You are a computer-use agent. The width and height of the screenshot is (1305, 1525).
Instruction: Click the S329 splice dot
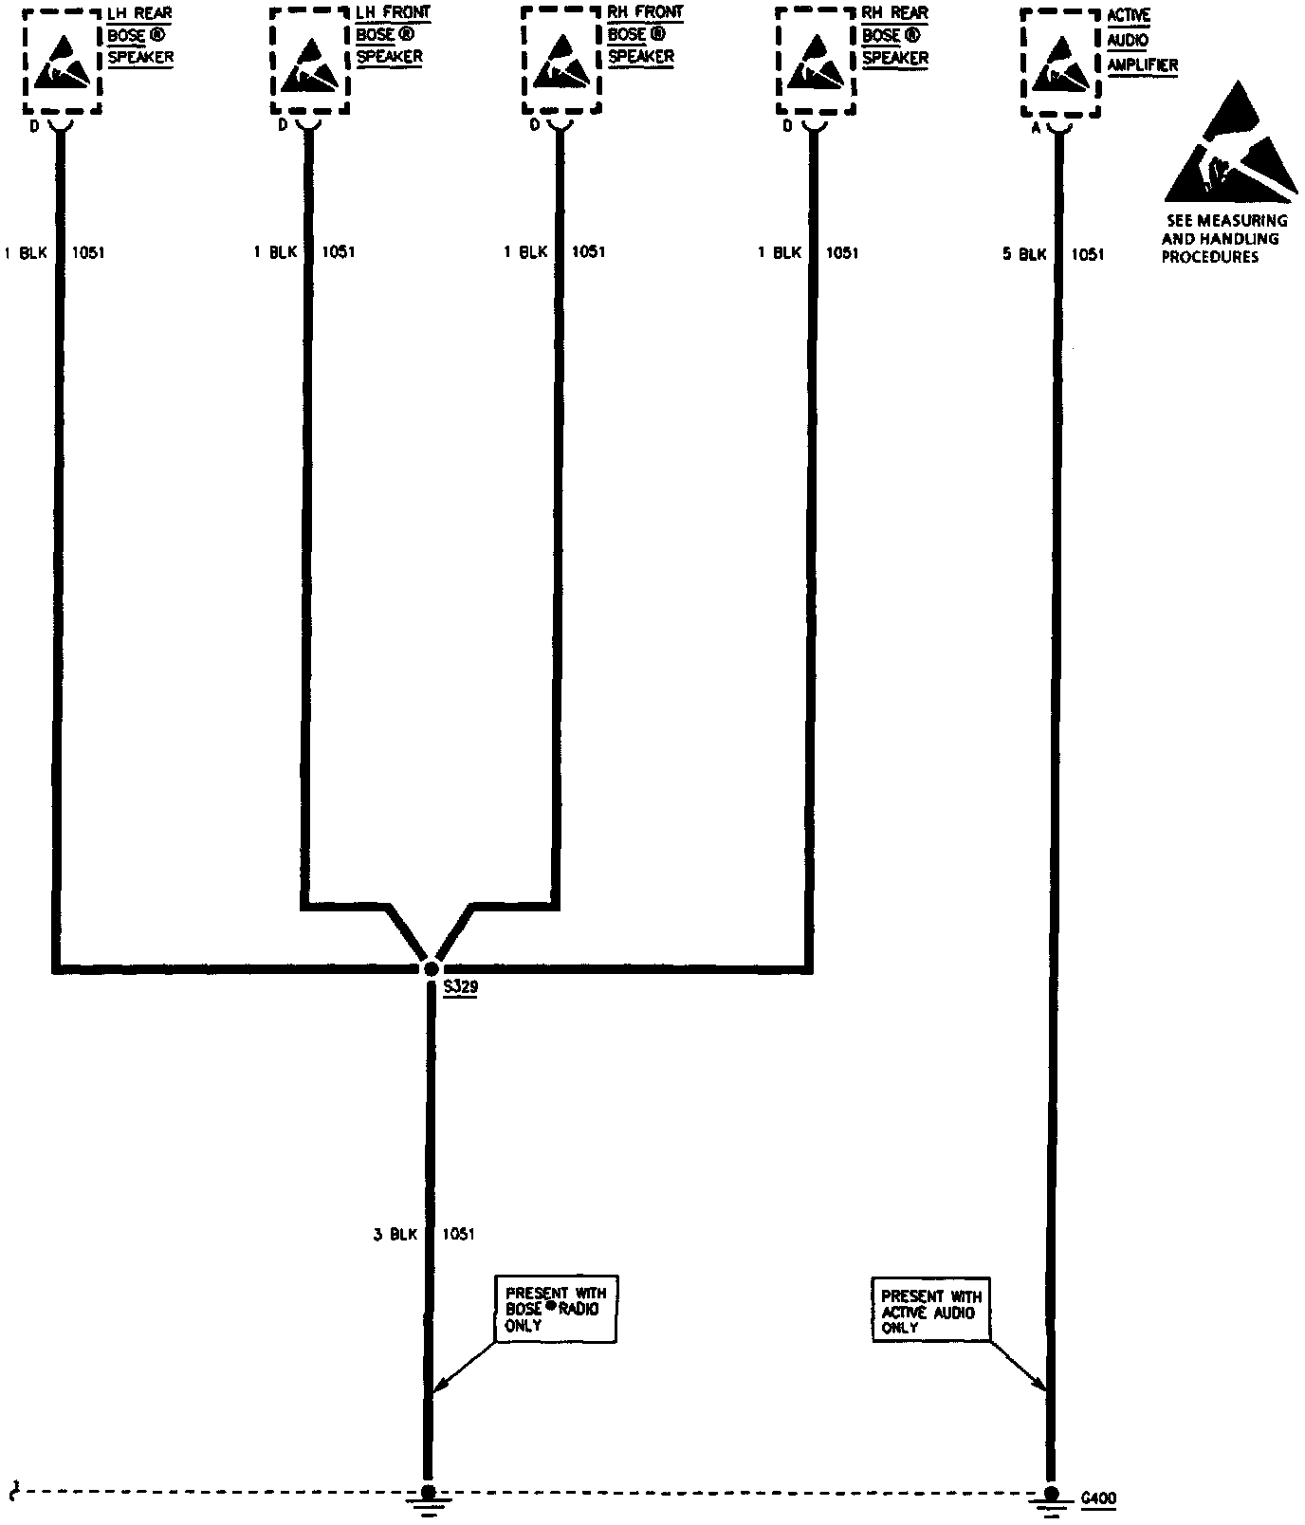431,968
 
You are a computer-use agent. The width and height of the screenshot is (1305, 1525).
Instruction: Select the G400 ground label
1099,1498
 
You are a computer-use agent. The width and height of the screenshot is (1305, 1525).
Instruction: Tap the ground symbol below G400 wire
1050,1497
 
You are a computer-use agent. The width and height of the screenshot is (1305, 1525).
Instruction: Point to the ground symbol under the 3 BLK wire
428,1497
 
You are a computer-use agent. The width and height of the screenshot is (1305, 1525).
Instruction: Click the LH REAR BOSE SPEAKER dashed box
61,61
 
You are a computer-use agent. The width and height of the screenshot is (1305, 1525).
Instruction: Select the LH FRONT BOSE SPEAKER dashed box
310,61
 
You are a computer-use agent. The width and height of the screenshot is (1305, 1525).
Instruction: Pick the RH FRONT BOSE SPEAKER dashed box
561,61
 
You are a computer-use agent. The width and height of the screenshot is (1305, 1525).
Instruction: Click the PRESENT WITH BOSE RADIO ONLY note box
556,1309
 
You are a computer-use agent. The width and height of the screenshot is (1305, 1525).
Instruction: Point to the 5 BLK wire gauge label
1024,254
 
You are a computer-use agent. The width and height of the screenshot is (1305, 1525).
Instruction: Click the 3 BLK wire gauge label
395,1234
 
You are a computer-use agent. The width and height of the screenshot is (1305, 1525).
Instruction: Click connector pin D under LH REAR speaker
34,125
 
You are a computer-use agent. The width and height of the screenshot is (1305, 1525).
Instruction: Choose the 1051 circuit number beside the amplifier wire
1088,254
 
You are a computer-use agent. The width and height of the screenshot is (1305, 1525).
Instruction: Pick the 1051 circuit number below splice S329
458,1234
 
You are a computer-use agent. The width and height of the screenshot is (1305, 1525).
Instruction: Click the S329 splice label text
461,987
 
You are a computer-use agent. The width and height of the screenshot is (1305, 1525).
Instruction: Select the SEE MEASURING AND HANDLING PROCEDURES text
1224,238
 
